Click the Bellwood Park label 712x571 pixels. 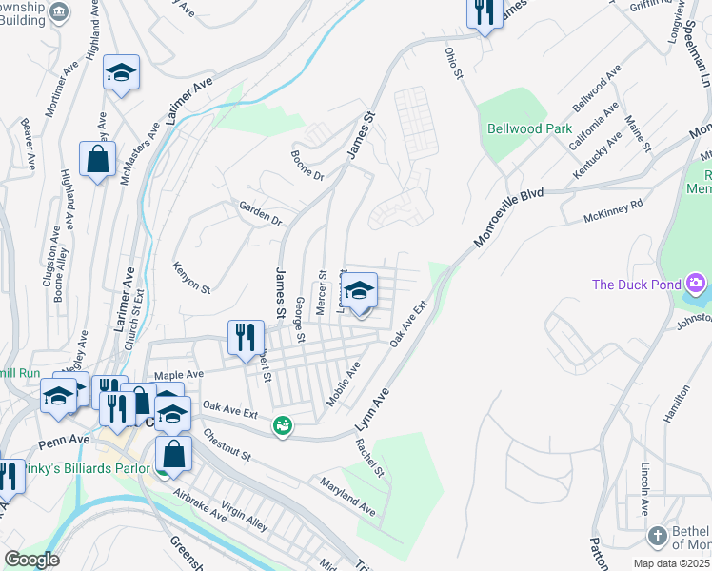click(529, 128)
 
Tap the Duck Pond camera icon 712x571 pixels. click(697, 284)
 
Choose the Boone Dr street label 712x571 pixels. click(307, 164)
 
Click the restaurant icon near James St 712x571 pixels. click(245, 338)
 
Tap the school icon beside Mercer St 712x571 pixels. click(359, 291)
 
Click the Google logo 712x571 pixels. click(31, 560)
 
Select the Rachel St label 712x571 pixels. click(369, 458)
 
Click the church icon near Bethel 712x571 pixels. click(657, 537)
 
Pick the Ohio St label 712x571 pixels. click(454, 64)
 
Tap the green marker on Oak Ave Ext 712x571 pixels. click(282, 426)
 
